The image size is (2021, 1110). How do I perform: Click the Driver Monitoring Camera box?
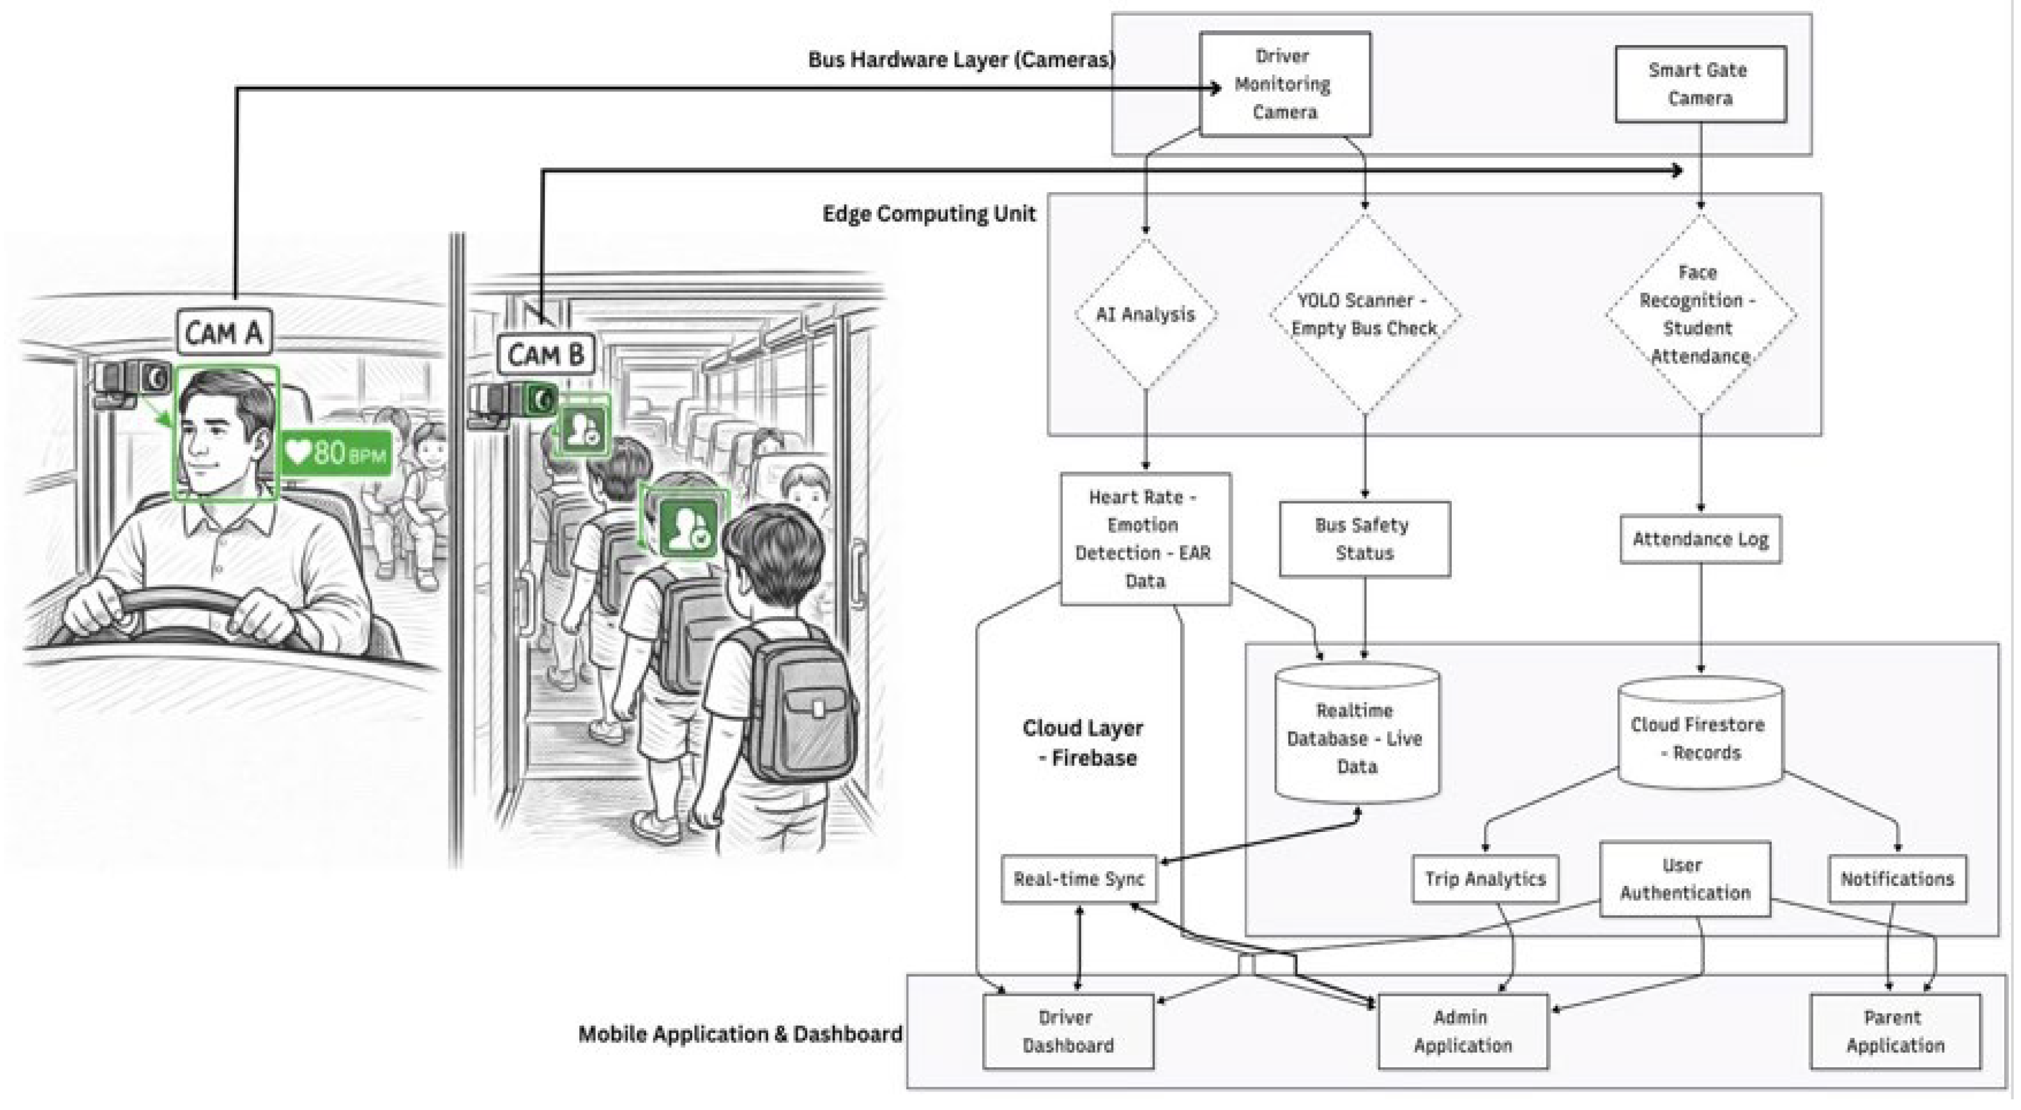[x=1285, y=84]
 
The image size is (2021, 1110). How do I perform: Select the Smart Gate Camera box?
[x=1700, y=84]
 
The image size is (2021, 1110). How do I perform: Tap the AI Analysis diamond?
[x=1145, y=314]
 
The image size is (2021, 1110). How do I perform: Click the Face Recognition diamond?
[x=1700, y=314]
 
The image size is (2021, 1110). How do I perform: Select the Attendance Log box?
[x=1700, y=539]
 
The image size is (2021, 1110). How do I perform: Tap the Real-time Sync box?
[x=1080, y=879]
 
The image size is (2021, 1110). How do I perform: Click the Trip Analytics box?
[x=1485, y=879]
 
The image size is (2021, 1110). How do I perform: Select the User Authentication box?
[x=1684, y=879]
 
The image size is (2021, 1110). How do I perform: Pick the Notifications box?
[x=1897, y=879]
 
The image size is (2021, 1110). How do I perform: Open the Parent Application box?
[x=1895, y=1031]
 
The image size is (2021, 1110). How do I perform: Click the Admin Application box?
[x=1463, y=1031]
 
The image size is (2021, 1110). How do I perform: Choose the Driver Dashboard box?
[x=1068, y=1031]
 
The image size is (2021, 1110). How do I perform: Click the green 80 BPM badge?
[x=337, y=452]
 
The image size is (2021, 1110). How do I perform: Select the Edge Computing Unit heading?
[x=929, y=213]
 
